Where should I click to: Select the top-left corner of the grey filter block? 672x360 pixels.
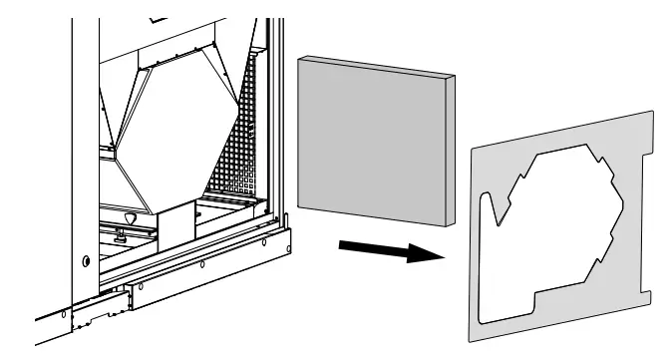[299, 57]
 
